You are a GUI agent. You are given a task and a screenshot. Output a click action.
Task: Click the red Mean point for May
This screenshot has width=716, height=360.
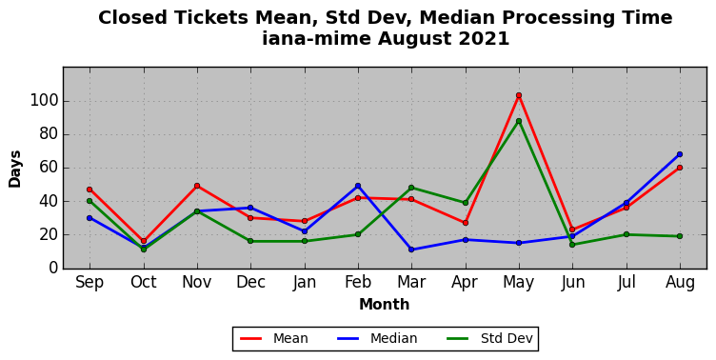click(x=519, y=95)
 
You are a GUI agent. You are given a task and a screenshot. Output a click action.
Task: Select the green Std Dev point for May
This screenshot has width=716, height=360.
click(x=519, y=121)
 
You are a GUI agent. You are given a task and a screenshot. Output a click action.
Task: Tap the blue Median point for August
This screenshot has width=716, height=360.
click(x=680, y=154)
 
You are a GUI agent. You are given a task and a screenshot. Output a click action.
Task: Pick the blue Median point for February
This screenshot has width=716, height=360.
click(x=358, y=186)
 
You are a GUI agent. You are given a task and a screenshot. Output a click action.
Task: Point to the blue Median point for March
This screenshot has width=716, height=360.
click(x=411, y=250)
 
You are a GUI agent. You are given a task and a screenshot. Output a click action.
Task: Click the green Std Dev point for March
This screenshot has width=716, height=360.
click(x=411, y=188)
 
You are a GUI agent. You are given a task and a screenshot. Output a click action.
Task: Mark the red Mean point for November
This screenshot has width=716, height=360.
click(x=197, y=186)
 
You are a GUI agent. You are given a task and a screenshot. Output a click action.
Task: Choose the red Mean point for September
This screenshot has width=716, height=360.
click(x=89, y=190)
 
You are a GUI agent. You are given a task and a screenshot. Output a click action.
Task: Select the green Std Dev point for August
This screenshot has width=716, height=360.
click(x=680, y=236)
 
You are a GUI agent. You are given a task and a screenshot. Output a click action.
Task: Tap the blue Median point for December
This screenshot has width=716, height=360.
click(x=250, y=208)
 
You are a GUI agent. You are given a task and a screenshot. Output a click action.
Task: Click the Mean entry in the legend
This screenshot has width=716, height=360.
click(x=274, y=338)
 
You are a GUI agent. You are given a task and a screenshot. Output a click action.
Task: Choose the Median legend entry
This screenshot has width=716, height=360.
click(x=377, y=338)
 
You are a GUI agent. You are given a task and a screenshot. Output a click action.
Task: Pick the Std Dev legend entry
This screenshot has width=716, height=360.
click(x=489, y=338)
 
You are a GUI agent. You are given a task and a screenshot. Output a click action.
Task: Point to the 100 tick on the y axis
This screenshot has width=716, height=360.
click(x=45, y=101)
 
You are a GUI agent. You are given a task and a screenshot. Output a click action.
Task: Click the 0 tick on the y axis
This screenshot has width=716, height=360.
click(x=54, y=268)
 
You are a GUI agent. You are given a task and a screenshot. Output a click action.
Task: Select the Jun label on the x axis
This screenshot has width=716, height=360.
click(x=572, y=282)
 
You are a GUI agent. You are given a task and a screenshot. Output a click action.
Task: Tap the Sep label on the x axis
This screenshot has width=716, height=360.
click(x=89, y=282)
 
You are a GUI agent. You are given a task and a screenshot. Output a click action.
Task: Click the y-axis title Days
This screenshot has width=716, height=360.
click(x=15, y=169)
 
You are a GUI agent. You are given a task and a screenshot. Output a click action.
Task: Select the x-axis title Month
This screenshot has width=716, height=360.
click(x=384, y=304)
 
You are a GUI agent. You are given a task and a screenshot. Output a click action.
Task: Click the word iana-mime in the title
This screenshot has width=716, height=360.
click(x=317, y=38)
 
